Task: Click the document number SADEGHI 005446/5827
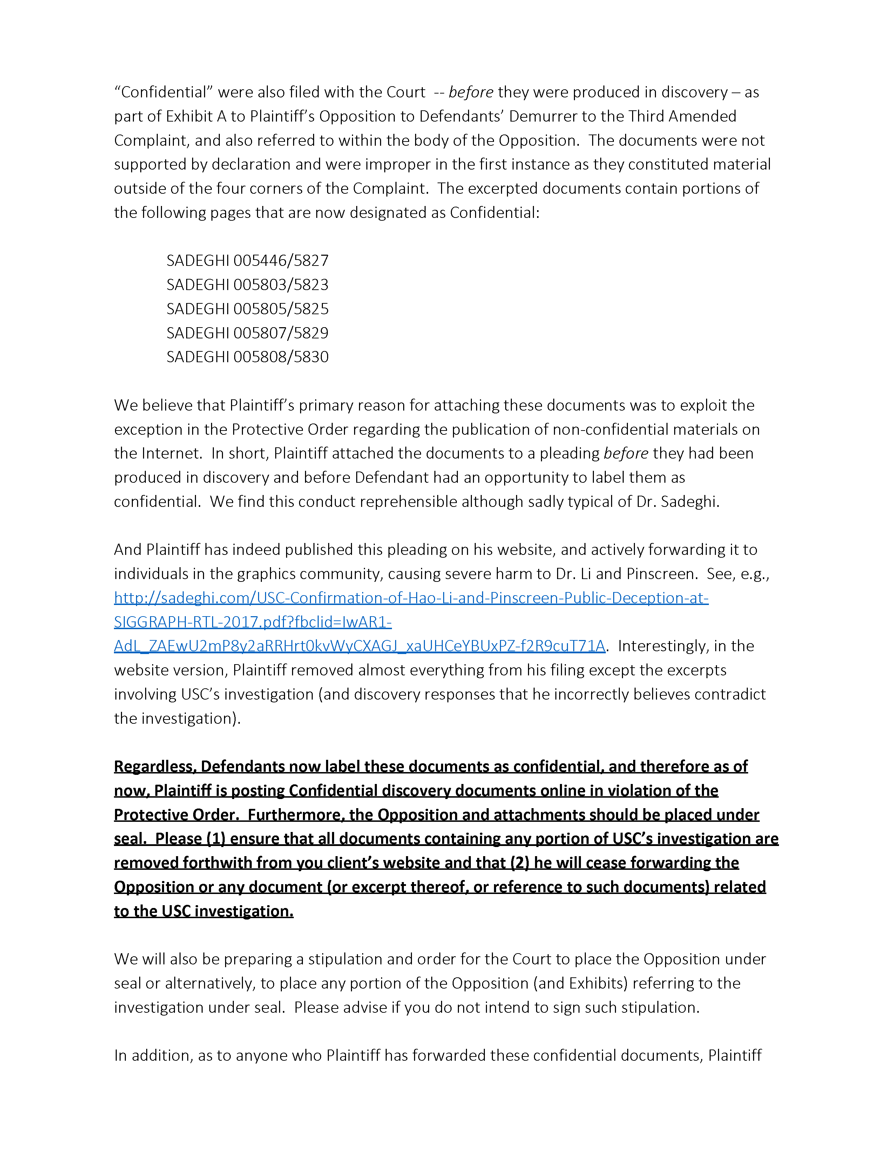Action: tap(247, 260)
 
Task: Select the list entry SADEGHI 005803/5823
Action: tap(247, 285)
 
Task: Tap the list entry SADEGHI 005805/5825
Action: tap(247, 309)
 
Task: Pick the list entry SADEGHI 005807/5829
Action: tap(247, 333)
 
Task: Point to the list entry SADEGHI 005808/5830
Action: tap(247, 357)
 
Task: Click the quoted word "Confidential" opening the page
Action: tap(163, 92)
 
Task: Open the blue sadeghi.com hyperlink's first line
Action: tap(411, 598)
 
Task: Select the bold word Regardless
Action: tap(154, 766)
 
